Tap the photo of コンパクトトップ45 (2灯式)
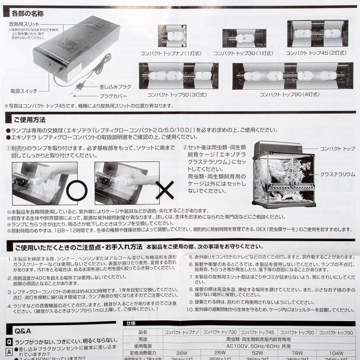pos(316,34)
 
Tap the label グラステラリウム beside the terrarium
pos(337,174)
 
